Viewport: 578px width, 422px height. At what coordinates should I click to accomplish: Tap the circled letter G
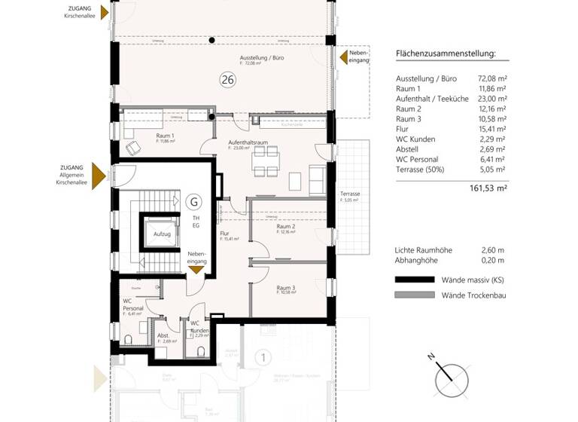pos(194,201)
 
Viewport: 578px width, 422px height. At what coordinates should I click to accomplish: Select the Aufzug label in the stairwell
pos(162,234)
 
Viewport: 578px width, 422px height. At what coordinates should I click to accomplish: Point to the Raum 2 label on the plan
pos(285,226)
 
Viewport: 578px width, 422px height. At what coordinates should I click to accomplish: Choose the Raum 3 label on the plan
pos(284,287)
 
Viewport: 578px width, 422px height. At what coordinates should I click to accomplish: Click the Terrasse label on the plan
pos(350,194)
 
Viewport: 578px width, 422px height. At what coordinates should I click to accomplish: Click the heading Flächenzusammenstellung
pos(446,54)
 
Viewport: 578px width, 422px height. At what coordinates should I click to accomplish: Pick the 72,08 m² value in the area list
pos(492,78)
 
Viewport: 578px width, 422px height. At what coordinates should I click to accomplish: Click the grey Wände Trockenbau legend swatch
pos(415,295)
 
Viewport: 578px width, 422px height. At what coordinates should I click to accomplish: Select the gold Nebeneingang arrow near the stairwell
pos(196,269)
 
